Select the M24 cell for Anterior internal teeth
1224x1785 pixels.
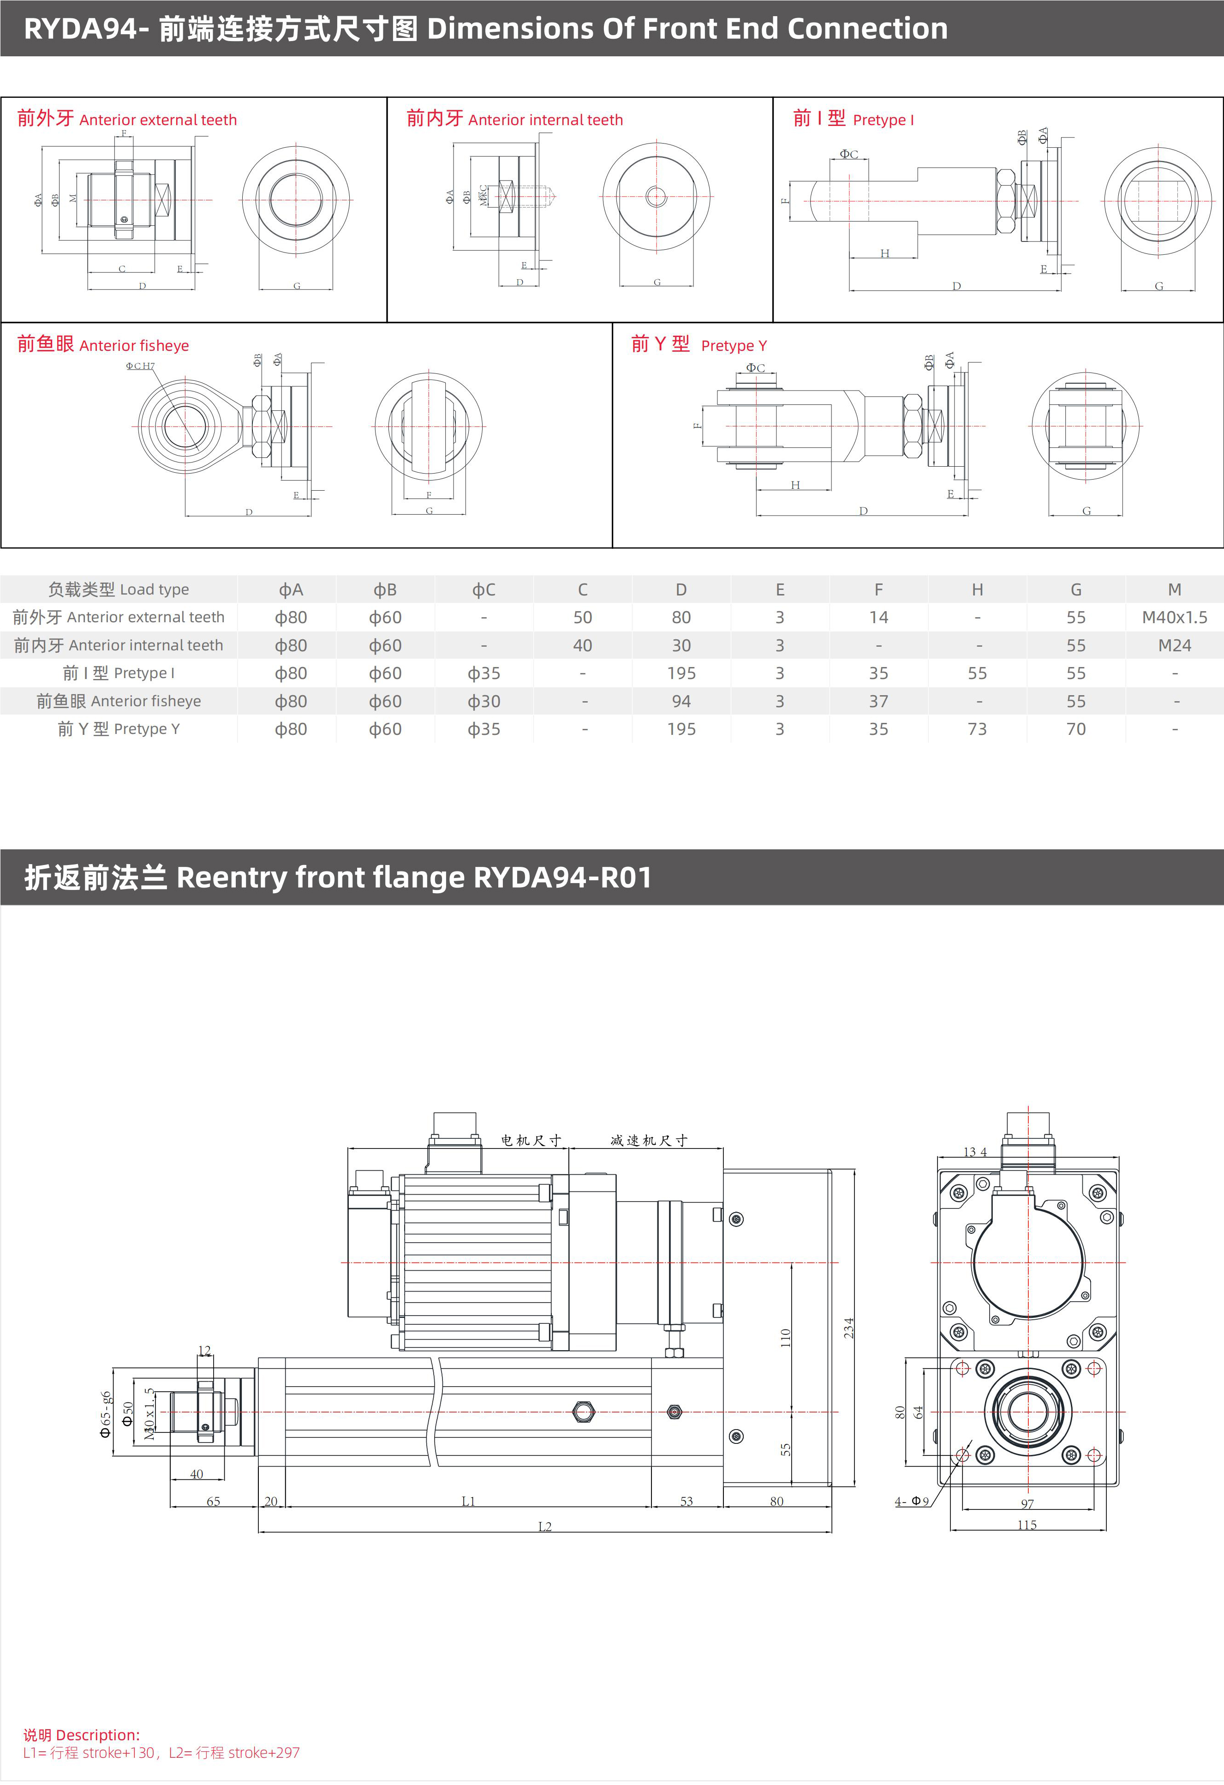(1174, 646)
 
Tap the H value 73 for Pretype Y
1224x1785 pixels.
(977, 729)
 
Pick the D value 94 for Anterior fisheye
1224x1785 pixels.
(681, 701)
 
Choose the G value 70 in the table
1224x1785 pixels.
(1076, 729)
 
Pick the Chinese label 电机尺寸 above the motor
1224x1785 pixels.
(531, 1141)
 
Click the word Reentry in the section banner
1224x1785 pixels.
(231, 877)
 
